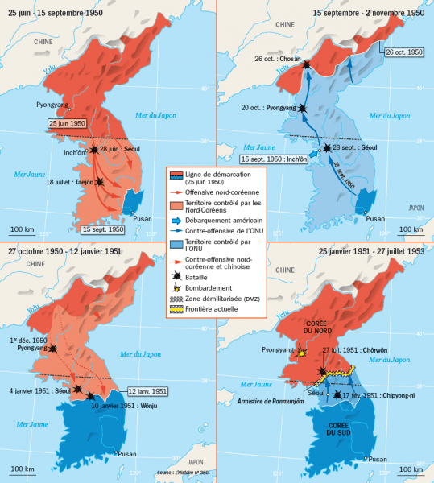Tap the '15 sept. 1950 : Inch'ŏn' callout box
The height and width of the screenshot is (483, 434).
pos(273,159)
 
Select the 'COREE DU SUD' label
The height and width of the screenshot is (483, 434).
pos(334,429)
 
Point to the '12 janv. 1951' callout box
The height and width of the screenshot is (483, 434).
pos(147,391)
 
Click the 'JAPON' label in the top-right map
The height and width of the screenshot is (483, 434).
pos(415,207)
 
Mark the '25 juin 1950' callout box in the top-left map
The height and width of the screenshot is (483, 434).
pos(66,124)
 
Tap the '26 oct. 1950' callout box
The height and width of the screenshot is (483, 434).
pos(403,52)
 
